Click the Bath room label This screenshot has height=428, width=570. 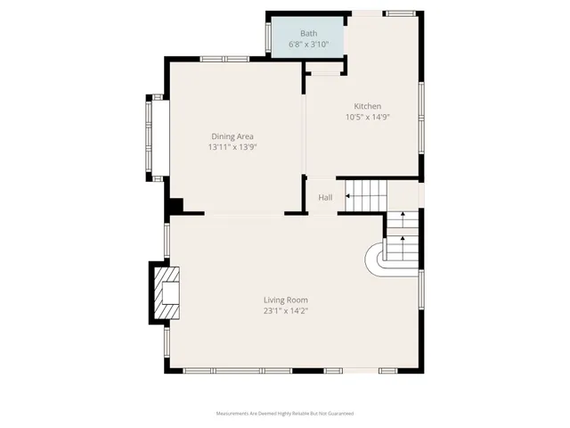(308, 34)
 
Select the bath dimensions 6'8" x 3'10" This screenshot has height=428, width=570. (308, 44)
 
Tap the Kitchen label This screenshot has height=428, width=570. (368, 106)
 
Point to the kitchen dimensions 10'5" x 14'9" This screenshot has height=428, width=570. (368, 117)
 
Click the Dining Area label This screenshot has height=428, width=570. (232, 136)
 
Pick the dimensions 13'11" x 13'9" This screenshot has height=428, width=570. (232, 147)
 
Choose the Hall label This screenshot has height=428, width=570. (325, 197)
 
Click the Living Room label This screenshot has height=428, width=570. (285, 300)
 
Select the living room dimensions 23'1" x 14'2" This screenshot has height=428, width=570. (285, 311)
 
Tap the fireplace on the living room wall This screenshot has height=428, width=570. (165, 292)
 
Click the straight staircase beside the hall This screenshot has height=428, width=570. (363, 195)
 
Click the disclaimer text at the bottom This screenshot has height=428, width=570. (285, 414)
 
